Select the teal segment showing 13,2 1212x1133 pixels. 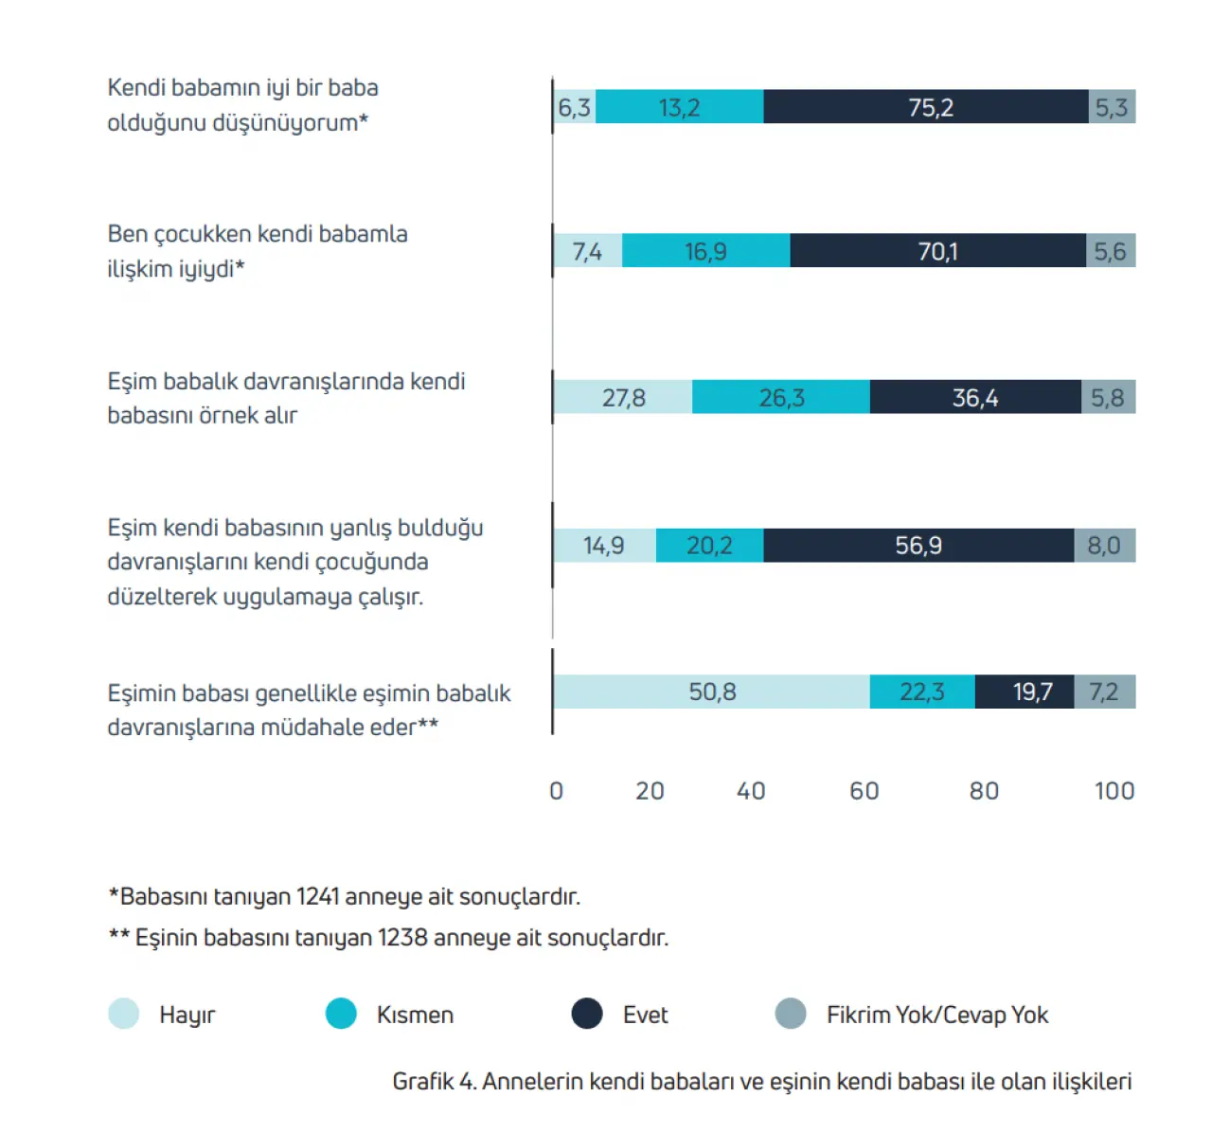click(679, 107)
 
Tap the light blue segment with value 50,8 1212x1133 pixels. click(711, 692)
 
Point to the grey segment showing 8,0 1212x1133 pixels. click(1104, 546)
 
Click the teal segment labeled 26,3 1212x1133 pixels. click(780, 398)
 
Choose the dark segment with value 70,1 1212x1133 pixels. click(937, 251)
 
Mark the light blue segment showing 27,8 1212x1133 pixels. click(623, 398)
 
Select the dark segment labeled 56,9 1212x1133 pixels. click(918, 546)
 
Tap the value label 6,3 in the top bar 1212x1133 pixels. click(574, 108)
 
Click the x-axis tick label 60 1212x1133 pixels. click(864, 791)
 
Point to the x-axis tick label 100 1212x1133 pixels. click(1114, 791)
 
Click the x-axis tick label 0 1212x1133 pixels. click(556, 791)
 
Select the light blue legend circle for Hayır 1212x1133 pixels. click(124, 1014)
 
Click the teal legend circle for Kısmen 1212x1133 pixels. click(341, 1014)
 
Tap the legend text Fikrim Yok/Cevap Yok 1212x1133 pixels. click(936, 1015)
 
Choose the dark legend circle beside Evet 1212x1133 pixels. click(587, 1014)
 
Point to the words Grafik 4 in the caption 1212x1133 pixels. click(434, 1081)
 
